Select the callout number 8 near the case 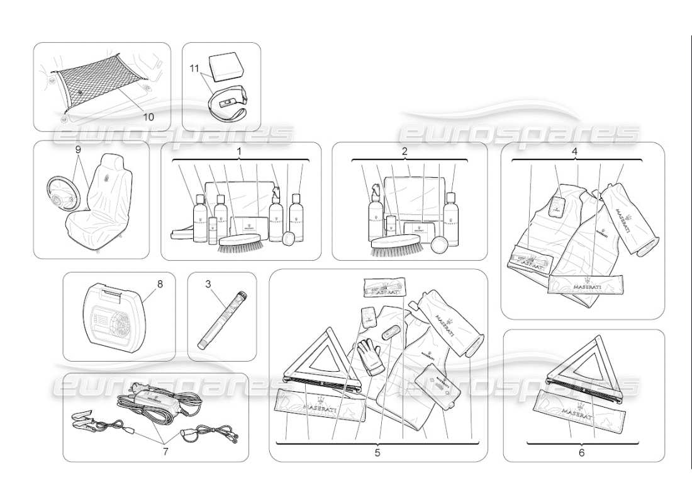click(x=160, y=284)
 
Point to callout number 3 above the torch click(x=208, y=284)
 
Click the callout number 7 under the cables click(x=166, y=452)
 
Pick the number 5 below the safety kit click(x=378, y=452)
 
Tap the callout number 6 click(x=581, y=452)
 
